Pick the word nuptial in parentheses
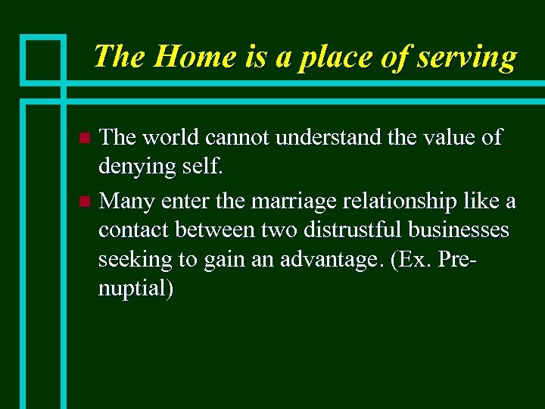click(x=133, y=289)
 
